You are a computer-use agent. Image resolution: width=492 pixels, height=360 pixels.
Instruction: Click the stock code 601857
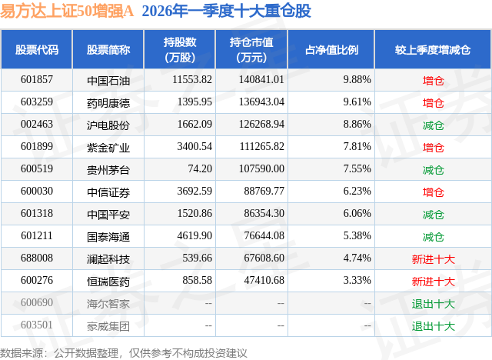(35, 80)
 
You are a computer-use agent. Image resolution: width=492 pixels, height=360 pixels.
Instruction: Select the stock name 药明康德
(108, 102)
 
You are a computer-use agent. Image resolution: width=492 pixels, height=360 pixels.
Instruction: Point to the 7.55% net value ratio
(357, 169)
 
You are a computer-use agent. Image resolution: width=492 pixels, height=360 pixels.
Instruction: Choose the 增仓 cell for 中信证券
(433, 192)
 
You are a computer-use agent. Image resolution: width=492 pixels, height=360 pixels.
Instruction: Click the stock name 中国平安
(108, 214)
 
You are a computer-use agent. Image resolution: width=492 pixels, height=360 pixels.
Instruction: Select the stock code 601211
(35, 236)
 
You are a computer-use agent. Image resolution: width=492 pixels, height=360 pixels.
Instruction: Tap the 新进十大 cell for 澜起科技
(433, 258)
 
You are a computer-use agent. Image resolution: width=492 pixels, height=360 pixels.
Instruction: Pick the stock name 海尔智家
(108, 303)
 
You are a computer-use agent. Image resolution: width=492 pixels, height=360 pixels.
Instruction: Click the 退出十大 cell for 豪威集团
(433, 325)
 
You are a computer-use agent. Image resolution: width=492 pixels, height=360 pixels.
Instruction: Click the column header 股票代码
(36, 50)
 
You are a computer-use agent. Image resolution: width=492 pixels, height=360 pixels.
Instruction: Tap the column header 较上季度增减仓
(433, 50)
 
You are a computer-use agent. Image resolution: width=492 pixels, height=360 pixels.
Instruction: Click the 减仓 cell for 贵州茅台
(433, 169)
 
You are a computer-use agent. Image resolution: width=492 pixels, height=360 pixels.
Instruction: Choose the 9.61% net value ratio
(357, 102)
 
